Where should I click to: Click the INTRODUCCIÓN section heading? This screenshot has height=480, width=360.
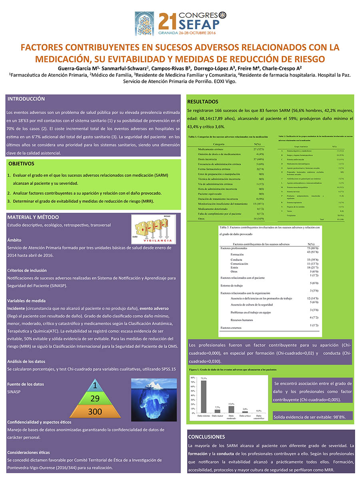26,99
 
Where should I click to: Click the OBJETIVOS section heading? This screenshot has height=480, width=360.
22,164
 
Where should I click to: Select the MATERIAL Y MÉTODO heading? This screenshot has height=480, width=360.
33,217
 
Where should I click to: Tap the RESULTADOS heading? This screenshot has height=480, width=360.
203,102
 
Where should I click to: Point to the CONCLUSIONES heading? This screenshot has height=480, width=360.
206,437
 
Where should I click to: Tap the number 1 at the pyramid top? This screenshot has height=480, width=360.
95,386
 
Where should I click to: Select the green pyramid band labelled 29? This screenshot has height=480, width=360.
95,398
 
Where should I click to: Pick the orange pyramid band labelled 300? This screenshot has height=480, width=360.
95,412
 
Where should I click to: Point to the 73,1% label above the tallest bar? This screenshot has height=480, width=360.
204,378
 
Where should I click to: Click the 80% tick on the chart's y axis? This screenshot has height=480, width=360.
193,378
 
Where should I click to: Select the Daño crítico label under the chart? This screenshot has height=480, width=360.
245,416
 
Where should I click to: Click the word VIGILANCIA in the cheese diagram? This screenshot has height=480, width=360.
154,241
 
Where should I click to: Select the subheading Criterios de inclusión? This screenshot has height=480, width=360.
27,270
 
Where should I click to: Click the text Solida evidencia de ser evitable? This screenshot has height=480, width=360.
312,417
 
